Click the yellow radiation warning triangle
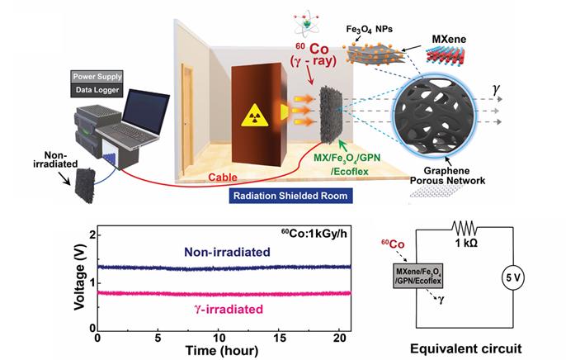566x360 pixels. point(255,116)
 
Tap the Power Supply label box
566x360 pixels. point(97,77)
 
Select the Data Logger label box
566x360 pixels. point(97,90)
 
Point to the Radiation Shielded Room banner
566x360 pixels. point(290,196)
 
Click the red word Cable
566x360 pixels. point(223,178)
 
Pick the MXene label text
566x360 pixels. point(449,39)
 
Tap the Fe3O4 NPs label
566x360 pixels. point(369,29)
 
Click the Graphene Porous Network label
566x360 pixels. point(447,176)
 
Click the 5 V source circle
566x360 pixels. point(513,277)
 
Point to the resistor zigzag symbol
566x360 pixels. point(465,229)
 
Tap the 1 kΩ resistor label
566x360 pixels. point(466,244)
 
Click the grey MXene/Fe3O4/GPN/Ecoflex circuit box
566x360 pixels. point(418,276)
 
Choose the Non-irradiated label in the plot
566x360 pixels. point(227,252)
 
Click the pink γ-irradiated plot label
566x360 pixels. point(229,310)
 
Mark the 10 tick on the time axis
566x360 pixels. point(219,339)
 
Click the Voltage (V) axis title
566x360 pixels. point(79,277)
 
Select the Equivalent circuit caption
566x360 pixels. point(465,348)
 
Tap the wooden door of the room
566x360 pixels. point(188,118)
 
